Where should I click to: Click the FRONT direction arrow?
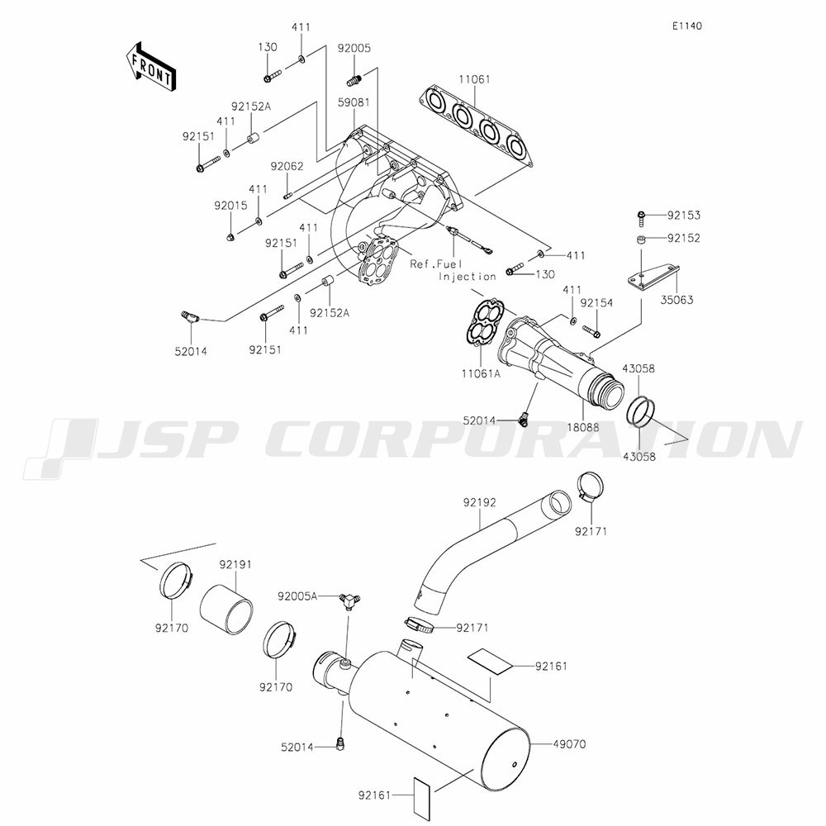pos(150,68)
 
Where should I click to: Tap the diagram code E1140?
pos(687,26)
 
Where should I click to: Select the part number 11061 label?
pos(474,79)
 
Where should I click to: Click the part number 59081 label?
pos(354,102)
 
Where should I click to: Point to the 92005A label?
pos(297,596)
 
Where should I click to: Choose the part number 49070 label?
pos(569,744)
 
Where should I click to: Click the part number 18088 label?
pos(583,427)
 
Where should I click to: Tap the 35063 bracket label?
pos(677,300)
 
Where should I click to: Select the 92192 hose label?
pos(479,502)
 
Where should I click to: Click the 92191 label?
pos(235,564)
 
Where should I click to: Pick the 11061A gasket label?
pos(481,374)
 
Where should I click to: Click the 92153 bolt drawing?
pos(641,218)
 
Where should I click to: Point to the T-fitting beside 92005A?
pos(349,600)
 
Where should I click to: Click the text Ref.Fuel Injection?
pos(453,269)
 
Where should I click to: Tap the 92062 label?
pos(287,167)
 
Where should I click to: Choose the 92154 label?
pos(596,303)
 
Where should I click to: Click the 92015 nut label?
pos(230,206)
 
